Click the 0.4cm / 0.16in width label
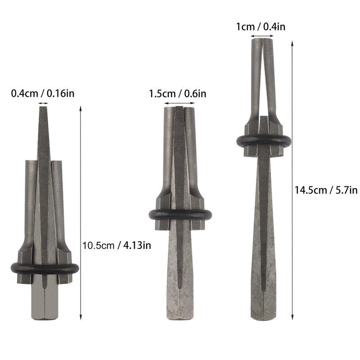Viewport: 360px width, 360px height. [x=43, y=94]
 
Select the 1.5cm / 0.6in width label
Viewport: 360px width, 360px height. [x=178, y=94]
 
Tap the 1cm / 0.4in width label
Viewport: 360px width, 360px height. [x=261, y=27]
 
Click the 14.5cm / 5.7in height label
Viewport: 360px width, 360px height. [x=326, y=190]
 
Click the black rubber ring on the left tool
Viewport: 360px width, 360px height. [x=44, y=268]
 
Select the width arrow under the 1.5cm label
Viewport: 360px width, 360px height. [x=180, y=103]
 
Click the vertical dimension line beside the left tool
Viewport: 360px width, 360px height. [x=81, y=211]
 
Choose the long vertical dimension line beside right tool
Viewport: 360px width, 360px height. [x=292, y=180]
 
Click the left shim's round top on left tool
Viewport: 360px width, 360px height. [x=31, y=162]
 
